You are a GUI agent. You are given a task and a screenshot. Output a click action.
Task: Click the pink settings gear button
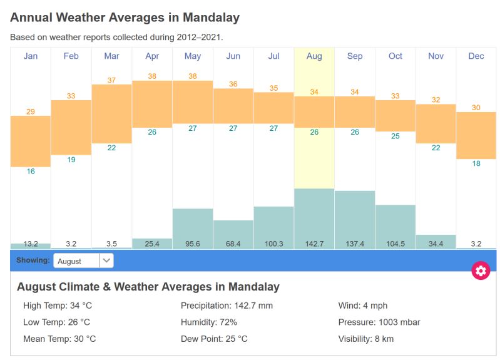(x=481, y=270)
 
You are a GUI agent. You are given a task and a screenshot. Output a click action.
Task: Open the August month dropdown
(x=83, y=260)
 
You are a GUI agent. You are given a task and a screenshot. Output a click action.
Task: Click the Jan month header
(x=31, y=56)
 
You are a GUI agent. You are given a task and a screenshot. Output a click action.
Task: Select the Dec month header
(x=476, y=56)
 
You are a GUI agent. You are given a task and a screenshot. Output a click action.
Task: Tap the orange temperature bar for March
(x=111, y=113)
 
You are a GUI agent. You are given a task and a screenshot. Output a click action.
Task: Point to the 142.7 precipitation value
(x=314, y=244)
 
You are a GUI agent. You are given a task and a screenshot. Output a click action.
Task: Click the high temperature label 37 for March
(x=111, y=80)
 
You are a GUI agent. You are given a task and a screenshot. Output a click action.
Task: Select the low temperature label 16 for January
(x=31, y=172)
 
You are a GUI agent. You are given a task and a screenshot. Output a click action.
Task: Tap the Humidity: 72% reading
(x=209, y=322)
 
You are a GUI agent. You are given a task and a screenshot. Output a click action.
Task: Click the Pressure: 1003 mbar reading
(x=379, y=322)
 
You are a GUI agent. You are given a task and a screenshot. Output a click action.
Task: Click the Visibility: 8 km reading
(x=366, y=339)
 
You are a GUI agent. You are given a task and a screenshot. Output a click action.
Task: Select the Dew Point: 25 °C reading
(x=214, y=339)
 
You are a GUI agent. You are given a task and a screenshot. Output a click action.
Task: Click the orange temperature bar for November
(x=436, y=123)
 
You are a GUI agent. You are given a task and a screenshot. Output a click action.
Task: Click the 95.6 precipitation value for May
(x=193, y=244)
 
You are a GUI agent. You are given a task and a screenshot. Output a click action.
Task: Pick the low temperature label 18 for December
(x=476, y=163)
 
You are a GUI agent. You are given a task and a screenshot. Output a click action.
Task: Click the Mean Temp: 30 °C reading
(x=59, y=339)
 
